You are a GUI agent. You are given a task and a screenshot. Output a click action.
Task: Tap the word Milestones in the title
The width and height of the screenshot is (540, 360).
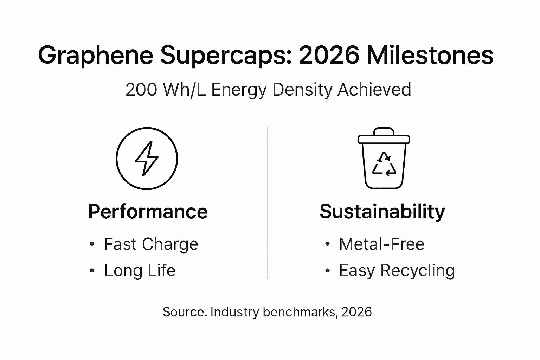pyautogui.click(x=430, y=56)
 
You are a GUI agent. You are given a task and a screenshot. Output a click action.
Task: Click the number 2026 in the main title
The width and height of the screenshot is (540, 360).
pyautogui.click(x=329, y=56)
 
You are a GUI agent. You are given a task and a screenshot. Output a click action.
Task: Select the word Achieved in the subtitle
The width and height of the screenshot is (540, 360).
pyautogui.click(x=374, y=90)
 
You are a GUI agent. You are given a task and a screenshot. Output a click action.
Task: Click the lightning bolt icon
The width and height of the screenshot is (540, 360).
pyautogui.click(x=147, y=159)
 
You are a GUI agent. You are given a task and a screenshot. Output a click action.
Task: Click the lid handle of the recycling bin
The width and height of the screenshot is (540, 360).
pyautogui.click(x=384, y=131)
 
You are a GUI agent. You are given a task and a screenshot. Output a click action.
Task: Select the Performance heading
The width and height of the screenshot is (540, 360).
pyautogui.click(x=148, y=212)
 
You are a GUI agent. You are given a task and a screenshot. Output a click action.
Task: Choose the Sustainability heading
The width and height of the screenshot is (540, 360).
pyautogui.click(x=382, y=212)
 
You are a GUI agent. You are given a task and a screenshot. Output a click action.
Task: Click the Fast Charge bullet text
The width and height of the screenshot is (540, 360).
pyautogui.click(x=151, y=244)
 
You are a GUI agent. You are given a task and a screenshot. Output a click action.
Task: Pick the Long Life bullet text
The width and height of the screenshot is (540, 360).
pyautogui.click(x=140, y=270)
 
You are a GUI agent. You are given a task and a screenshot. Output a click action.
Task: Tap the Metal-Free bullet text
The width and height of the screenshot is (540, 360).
pyautogui.click(x=381, y=244)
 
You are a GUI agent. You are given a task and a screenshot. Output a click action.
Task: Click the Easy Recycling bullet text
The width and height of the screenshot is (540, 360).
pyautogui.click(x=397, y=270)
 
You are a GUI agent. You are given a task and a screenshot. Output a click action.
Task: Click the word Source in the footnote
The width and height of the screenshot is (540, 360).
pyautogui.click(x=184, y=312)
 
